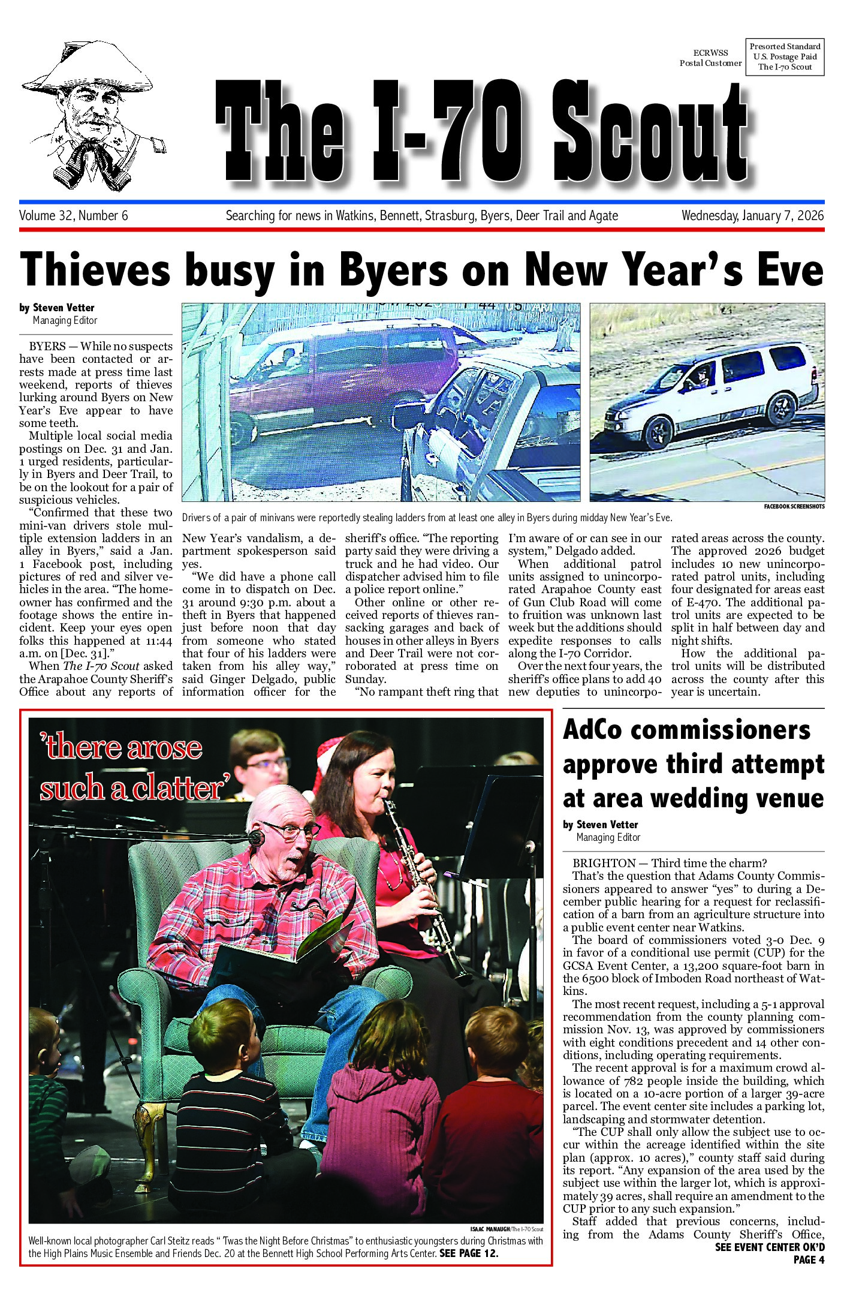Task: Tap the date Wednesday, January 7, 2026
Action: [x=752, y=216]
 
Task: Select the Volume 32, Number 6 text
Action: [x=73, y=216]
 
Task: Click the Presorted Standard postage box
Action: [x=785, y=57]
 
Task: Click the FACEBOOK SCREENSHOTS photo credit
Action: [x=794, y=507]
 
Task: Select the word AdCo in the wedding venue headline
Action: [x=592, y=730]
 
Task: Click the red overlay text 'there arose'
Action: [x=122, y=748]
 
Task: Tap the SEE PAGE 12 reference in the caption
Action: [x=469, y=1254]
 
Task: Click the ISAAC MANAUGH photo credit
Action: [x=490, y=1229]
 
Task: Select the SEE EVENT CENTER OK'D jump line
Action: [x=769, y=1247]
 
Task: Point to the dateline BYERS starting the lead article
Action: [x=47, y=347]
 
